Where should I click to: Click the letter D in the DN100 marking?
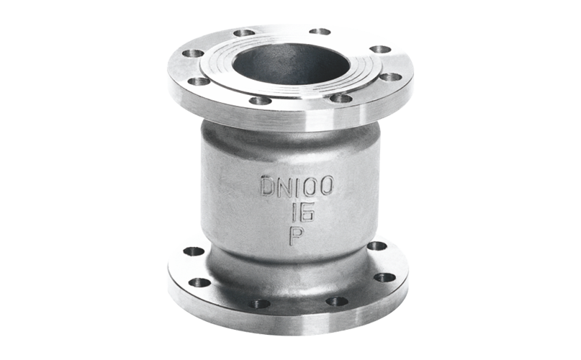(268, 186)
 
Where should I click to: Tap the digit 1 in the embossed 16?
(295, 212)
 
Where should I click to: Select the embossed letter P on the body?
(297, 235)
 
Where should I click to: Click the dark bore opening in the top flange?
(292, 64)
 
